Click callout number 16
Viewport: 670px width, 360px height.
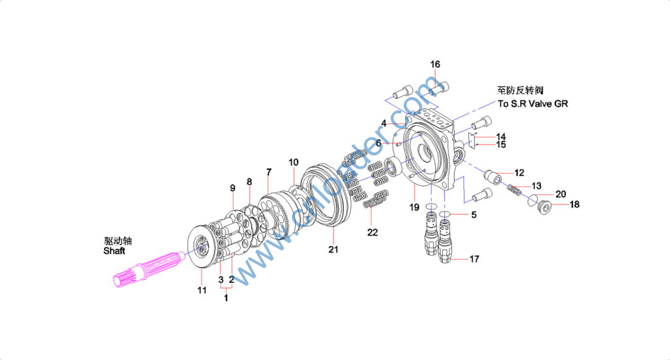(x=435, y=64)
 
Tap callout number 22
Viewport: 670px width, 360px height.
(x=372, y=232)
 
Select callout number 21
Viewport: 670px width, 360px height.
(x=333, y=249)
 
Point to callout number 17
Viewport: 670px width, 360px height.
(x=474, y=259)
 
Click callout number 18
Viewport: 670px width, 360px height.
(x=574, y=205)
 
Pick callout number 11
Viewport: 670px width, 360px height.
(x=202, y=290)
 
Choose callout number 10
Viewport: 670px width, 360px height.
(x=293, y=162)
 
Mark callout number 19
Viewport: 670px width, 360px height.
(x=414, y=207)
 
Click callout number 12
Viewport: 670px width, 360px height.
(x=519, y=173)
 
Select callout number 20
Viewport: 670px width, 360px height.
(x=561, y=194)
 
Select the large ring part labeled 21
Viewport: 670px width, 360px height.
(x=325, y=196)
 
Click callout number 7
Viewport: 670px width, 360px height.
(x=268, y=171)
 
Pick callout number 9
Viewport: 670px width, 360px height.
(x=232, y=188)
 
